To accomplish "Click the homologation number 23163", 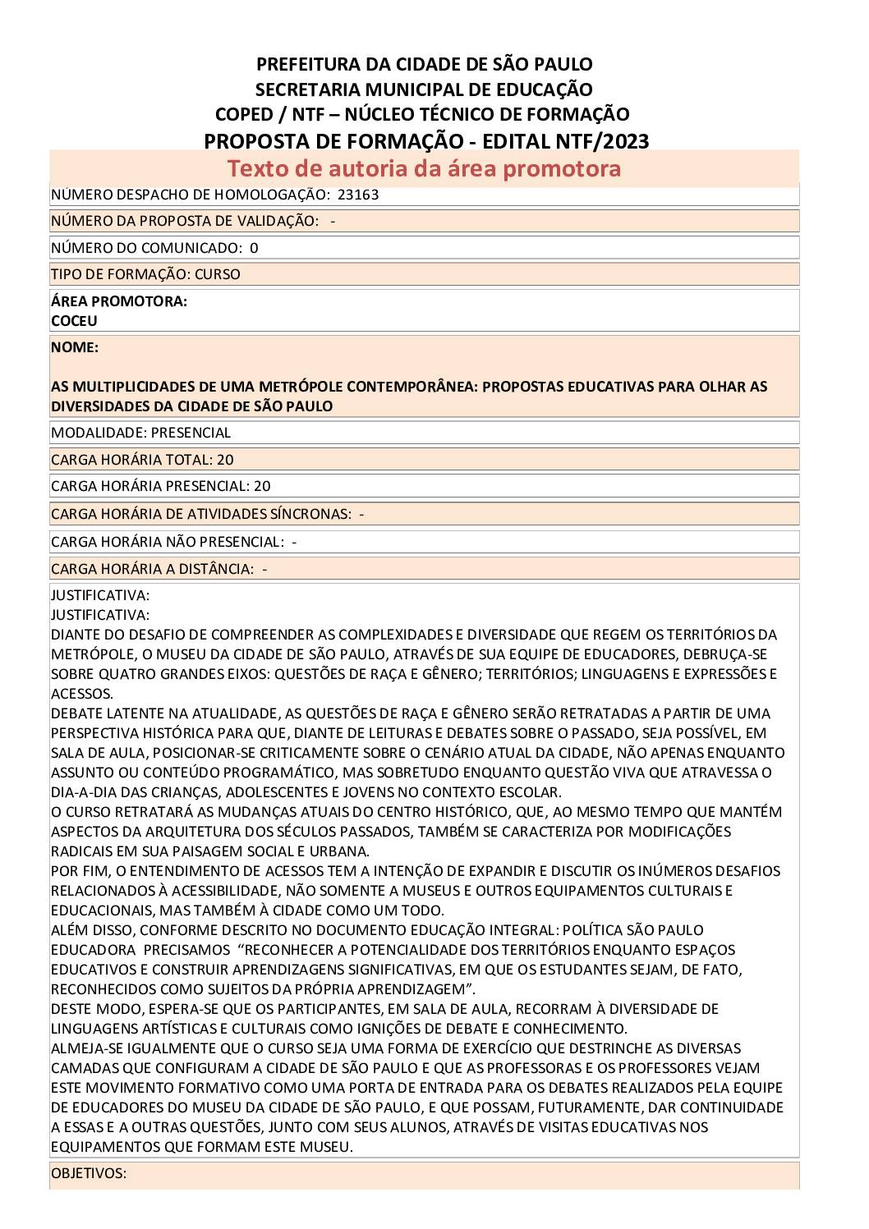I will tap(358, 195).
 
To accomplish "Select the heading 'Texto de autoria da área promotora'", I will tap(424, 168).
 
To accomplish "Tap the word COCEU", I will tap(74, 321).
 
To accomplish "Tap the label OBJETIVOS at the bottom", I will tap(89, 1173).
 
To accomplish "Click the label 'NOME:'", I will tap(75, 347).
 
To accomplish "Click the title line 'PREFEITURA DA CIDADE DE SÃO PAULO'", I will tap(424, 64).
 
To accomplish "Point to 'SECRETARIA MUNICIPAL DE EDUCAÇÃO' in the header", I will tap(424, 89).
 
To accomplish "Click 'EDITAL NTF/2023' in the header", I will tap(567, 141).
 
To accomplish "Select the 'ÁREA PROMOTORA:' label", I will tap(119, 301).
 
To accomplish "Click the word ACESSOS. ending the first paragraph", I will tap(82, 694).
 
